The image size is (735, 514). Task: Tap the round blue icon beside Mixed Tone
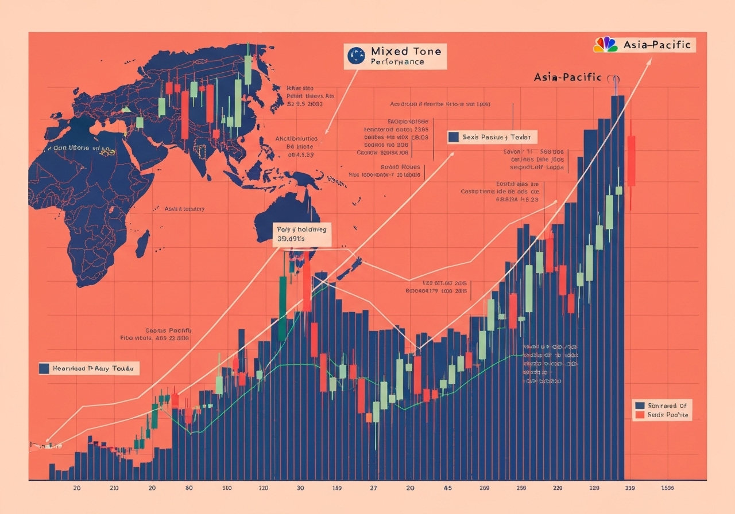(357, 55)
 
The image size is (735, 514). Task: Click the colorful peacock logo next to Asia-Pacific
(605, 45)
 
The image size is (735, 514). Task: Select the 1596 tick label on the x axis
(667, 488)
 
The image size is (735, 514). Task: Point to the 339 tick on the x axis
(630, 488)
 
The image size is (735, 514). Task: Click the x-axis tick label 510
(227, 488)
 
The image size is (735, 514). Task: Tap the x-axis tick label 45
(447, 488)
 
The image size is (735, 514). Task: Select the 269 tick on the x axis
(484, 488)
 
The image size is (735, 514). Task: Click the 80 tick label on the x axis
(189, 488)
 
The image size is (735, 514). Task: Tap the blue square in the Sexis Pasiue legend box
(454, 137)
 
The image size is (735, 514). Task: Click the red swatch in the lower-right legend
(639, 415)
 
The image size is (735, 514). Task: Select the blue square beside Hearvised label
(44, 369)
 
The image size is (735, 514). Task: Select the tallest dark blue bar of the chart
(617, 287)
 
